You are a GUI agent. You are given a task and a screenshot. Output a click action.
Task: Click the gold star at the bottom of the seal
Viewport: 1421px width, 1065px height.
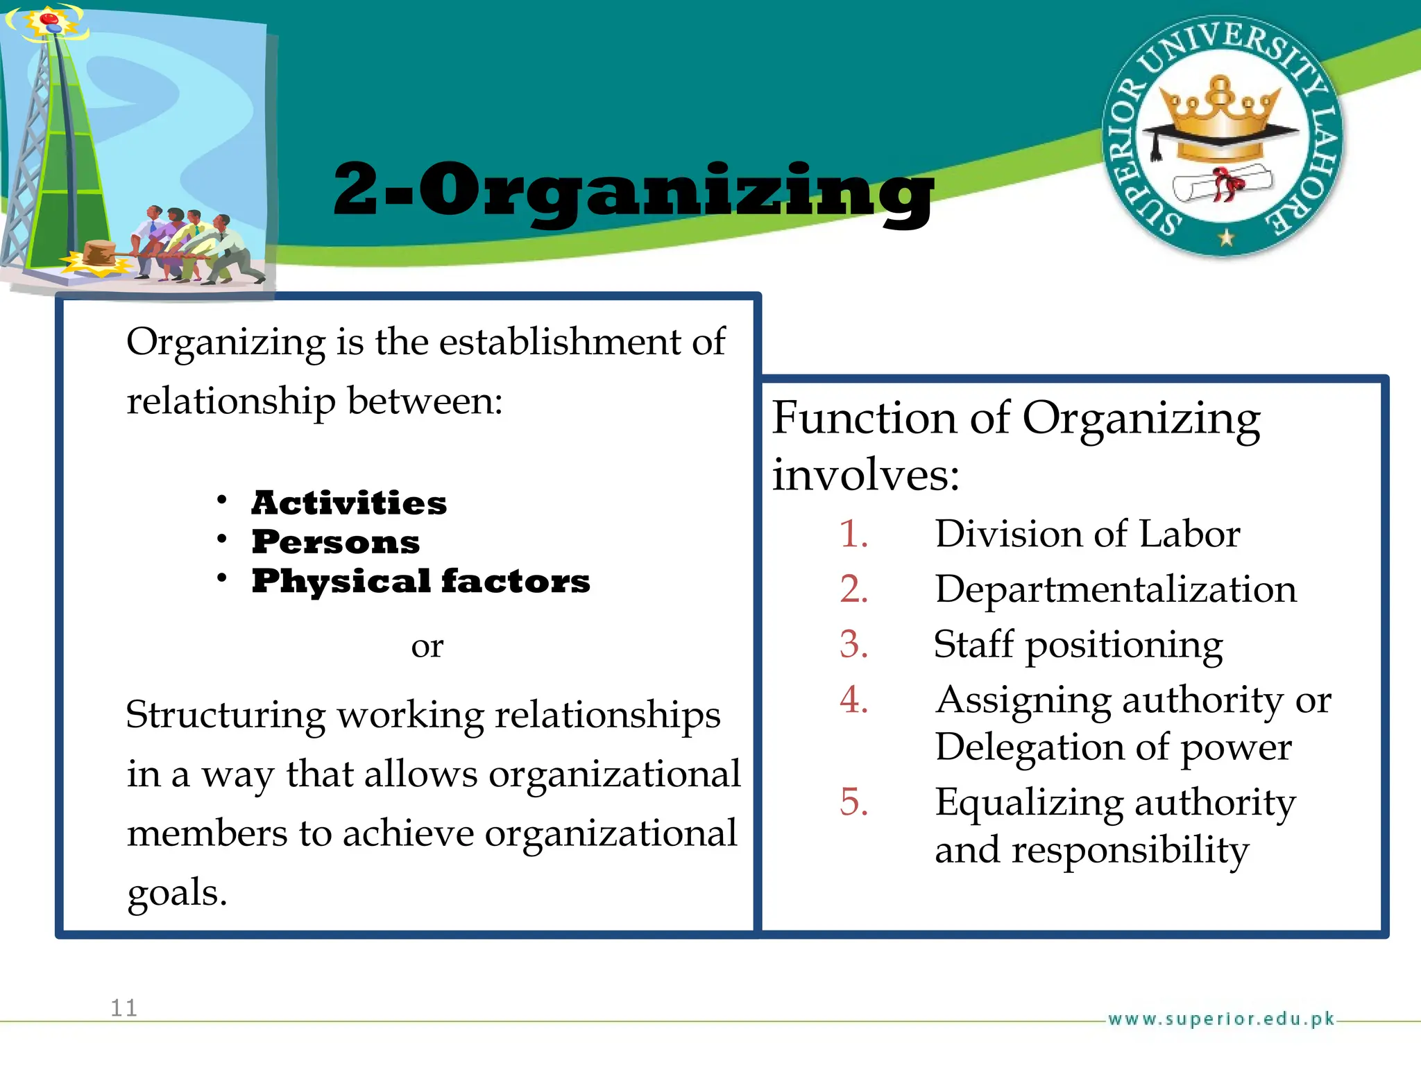[1226, 238]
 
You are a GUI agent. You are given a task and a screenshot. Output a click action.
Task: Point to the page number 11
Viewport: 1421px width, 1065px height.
[124, 1007]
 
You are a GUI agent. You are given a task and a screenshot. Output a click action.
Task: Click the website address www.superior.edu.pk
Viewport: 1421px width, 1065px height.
[1221, 1019]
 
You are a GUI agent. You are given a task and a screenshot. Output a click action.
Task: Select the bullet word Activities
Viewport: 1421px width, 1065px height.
[349, 503]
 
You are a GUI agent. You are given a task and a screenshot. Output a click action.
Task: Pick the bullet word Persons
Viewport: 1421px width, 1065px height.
[336, 542]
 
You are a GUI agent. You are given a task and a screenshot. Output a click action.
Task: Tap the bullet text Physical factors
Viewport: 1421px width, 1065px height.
[420, 580]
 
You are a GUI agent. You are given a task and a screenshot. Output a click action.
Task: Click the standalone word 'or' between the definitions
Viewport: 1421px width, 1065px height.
[427, 647]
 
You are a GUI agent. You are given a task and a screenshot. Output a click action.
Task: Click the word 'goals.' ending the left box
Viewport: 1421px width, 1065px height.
[177, 892]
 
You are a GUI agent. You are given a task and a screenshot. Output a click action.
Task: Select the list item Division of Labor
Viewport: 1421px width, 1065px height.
[1087, 534]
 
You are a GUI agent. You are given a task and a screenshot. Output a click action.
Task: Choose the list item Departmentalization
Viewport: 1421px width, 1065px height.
[1115, 589]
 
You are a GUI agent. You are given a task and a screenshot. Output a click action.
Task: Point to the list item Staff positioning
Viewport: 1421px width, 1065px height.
[1078, 645]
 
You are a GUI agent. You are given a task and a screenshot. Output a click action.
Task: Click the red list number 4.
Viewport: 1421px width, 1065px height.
[853, 700]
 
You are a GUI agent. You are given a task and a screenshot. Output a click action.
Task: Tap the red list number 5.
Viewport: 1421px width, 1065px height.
[853, 802]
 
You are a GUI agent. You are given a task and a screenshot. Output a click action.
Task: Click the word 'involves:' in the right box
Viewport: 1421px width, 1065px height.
[866, 476]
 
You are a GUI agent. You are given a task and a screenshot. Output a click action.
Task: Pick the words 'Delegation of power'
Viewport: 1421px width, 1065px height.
[1113, 747]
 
